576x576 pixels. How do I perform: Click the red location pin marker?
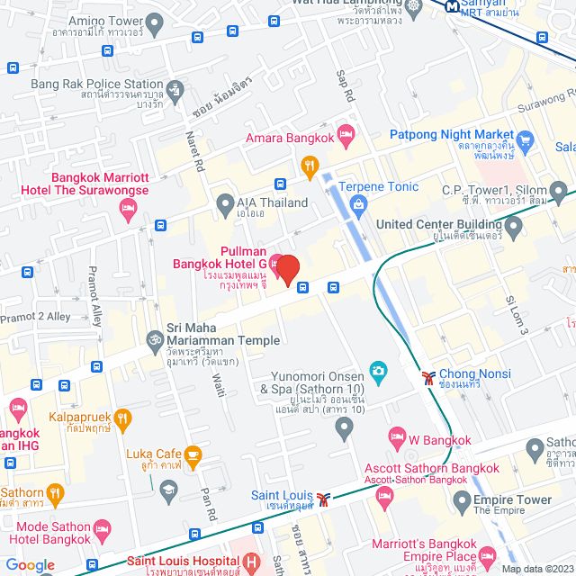point(287,269)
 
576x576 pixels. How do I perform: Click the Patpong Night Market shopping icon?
point(526,141)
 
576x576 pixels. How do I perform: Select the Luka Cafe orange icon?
point(193,454)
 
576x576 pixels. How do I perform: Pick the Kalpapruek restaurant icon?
point(123,418)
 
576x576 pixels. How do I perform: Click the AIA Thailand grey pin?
point(225,206)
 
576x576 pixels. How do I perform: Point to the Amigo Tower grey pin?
point(154,22)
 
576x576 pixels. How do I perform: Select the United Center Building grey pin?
point(513,225)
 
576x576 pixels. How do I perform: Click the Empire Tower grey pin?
point(461,500)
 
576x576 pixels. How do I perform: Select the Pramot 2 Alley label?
point(35,317)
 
